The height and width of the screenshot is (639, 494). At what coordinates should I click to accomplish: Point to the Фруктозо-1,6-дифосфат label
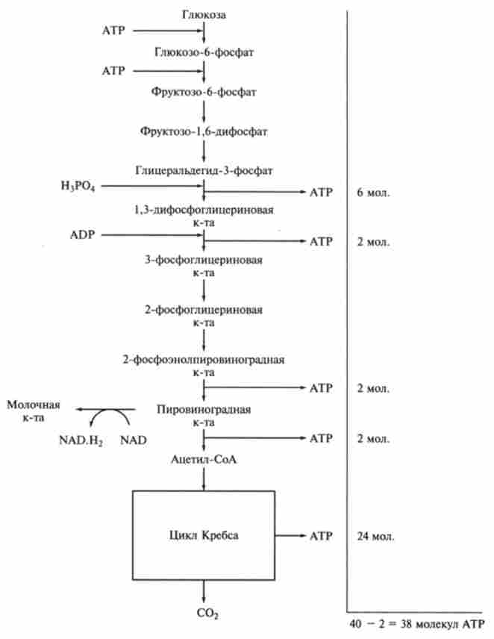point(204,131)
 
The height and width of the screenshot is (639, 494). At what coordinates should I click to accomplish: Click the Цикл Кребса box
point(203,535)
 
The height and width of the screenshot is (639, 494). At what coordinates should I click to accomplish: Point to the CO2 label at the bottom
point(204,614)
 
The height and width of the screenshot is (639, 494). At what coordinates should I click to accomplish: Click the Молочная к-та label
point(33,411)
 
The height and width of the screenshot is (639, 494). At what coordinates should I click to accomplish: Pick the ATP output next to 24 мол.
point(320,536)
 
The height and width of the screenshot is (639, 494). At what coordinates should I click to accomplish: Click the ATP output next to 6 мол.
point(320,193)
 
